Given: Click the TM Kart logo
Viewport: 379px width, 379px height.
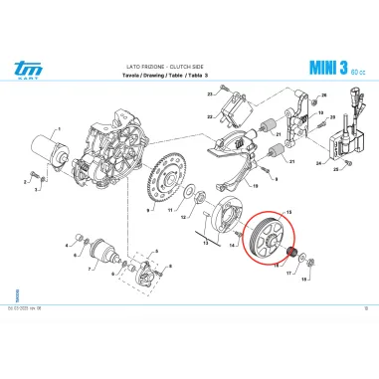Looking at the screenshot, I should pyautogui.click(x=21, y=68).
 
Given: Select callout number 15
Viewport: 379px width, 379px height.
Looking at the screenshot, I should pyautogui.click(x=289, y=213).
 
